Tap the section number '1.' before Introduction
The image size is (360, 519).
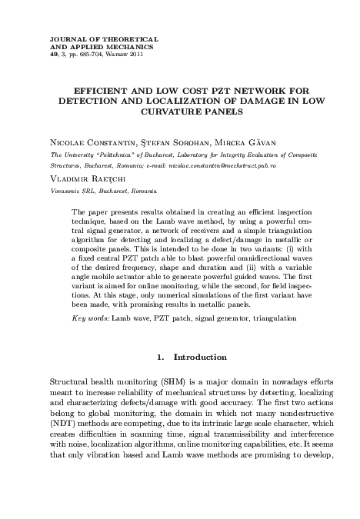(x=162, y=357)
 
